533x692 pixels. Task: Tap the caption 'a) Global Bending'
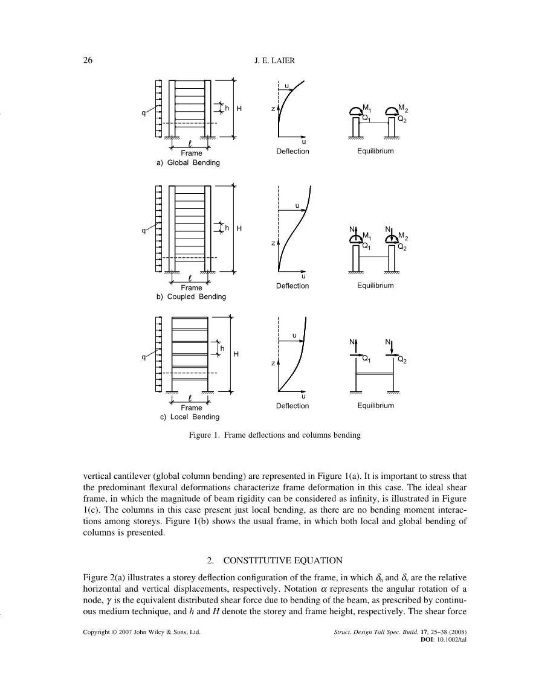coord(188,163)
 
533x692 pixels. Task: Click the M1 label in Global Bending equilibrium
coord(367,108)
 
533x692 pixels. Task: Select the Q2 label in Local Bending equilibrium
coord(402,360)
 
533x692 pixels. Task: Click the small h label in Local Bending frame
coord(222,348)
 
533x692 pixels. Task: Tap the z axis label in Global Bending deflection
coord(273,109)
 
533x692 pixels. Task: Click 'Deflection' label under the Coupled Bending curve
coord(292,286)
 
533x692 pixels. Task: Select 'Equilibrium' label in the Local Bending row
coord(375,406)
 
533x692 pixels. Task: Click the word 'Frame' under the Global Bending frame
coord(192,153)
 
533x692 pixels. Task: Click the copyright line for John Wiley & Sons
coord(141,632)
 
